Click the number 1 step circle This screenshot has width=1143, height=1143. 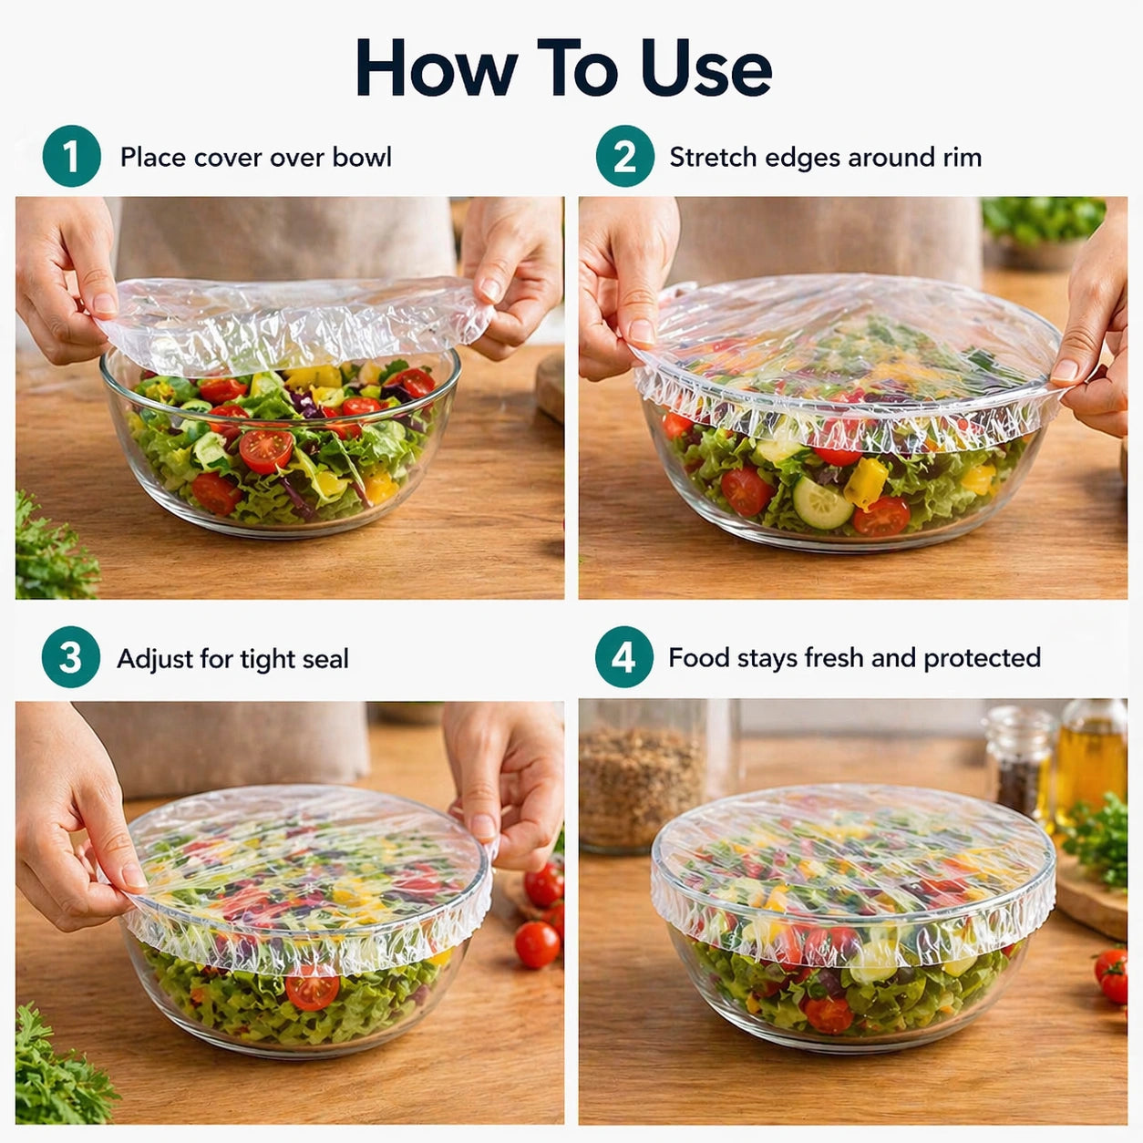coord(71,156)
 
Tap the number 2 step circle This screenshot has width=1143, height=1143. coord(624,156)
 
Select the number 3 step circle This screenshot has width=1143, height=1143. coord(70,657)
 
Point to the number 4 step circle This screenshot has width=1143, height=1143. coord(623,656)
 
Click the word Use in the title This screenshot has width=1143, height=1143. coord(705,68)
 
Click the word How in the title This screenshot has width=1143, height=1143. coord(436,68)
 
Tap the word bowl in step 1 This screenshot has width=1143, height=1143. coord(362,157)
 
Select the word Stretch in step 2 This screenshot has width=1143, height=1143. coord(713,157)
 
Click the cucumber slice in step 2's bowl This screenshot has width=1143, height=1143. coord(821,502)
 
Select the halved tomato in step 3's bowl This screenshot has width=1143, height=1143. coord(312,990)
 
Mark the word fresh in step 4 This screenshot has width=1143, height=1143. coord(834,658)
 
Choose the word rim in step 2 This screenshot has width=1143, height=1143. coord(962,157)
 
